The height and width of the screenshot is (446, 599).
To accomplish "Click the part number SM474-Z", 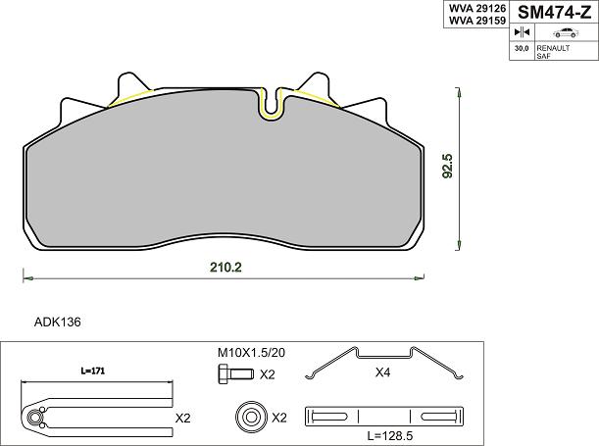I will (554, 13).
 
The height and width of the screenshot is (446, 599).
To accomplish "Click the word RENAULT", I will (552, 46).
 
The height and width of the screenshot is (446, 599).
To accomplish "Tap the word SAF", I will (542, 56).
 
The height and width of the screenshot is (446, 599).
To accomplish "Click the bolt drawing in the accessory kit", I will (234, 373).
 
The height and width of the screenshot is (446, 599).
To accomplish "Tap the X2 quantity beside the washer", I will (278, 418).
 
